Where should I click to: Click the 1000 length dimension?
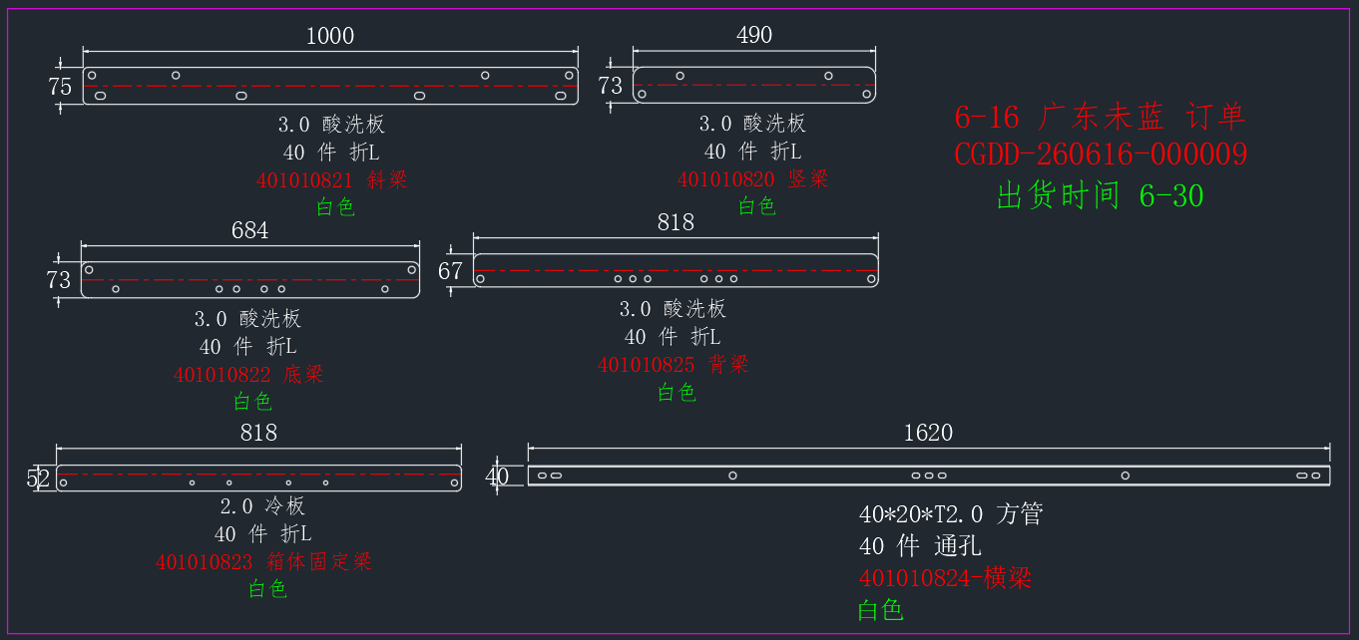pyautogui.click(x=330, y=36)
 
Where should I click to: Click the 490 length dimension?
pyautogui.click(x=754, y=35)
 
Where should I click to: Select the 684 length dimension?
pyautogui.click(x=249, y=230)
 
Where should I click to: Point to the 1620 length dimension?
pyautogui.click(x=928, y=433)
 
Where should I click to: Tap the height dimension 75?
pyautogui.click(x=60, y=87)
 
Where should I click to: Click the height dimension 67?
pyautogui.click(x=450, y=271)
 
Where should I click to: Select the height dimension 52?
pyautogui.click(x=38, y=479)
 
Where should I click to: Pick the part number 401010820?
pyautogui.click(x=725, y=179)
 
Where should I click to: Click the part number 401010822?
pyautogui.click(x=223, y=375)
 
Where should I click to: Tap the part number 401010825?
pyautogui.click(x=647, y=365)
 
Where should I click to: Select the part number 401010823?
pyautogui.click(x=204, y=562)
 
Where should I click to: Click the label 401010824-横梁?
pyautogui.click(x=945, y=578)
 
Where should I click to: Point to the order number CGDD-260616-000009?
pyautogui.click(x=1101, y=154)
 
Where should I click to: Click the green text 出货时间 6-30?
pyautogui.click(x=1100, y=195)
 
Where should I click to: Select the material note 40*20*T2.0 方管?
pyautogui.click(x=951, y=514)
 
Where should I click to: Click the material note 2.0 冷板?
pyautogui.click(x=262, y=506)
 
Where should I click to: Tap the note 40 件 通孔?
pyautogui.click(x=920, y=546)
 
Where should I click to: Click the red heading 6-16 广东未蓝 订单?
pyautogui.click(x=1100, y=117)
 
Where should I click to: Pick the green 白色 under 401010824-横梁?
pyautogui.click(x=880, y=610)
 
